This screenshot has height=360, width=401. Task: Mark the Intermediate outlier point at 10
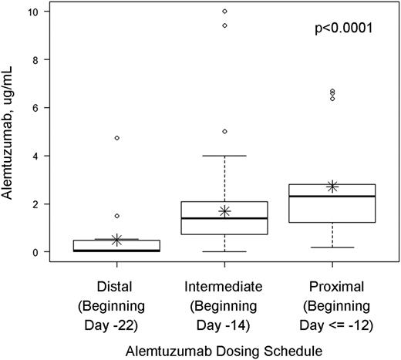(x=224, y=12)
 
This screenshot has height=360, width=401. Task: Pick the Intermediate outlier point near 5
(x=224, y=132)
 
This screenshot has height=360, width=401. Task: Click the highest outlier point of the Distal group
(x=117, y=138)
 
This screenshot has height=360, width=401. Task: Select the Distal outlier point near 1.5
(x=117, y=216)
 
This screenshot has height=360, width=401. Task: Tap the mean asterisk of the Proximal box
(x=332, y=187)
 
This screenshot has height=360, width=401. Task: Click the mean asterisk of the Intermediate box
(x=224, y=210)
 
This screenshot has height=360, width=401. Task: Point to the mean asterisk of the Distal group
(x=117, y=240)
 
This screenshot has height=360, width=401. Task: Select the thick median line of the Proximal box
(x=332, y=197)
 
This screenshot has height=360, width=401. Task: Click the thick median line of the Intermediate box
(x=224, y=218)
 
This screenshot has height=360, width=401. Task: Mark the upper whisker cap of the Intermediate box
(x=224, y=156)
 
